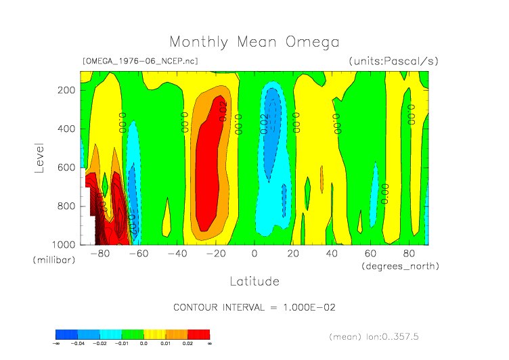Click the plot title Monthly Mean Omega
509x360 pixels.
click(255, 42)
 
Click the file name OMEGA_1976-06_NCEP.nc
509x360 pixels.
click(139, 61)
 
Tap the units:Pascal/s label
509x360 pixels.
click(394, 61)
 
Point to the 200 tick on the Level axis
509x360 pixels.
click(66, 90)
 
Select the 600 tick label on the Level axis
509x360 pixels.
click(66, 167)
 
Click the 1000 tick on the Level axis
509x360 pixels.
click(63, 244)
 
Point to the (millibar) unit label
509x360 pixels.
click(52, 260)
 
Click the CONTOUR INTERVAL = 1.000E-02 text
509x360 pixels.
click(255, 307)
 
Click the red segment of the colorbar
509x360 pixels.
click(198, 334)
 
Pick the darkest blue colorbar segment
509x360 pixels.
click(66, 334)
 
